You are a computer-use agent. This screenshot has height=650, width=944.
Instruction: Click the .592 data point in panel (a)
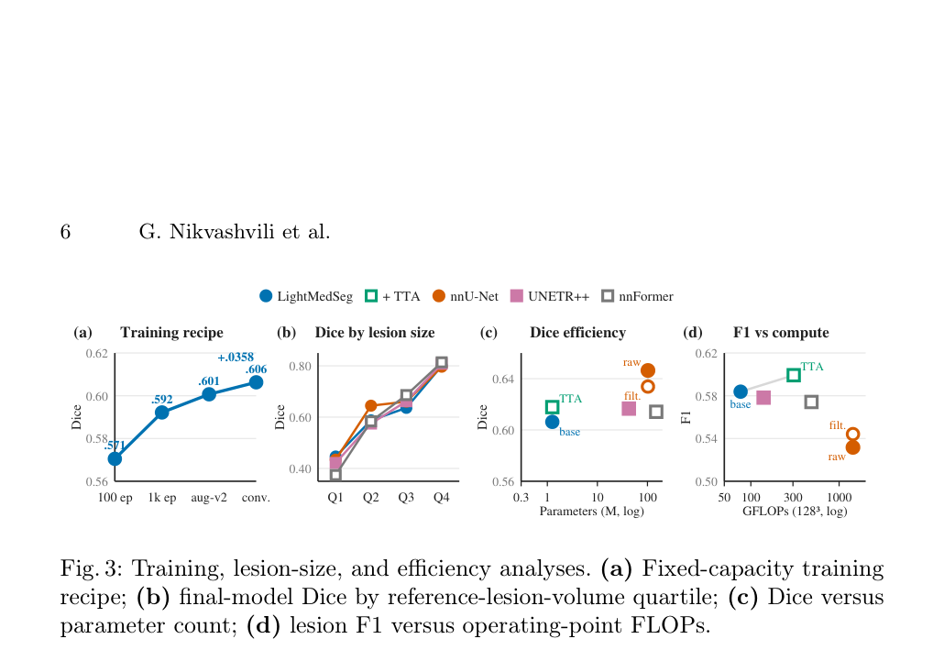point(161,413)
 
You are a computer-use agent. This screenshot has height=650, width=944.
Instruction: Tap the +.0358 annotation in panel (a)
point(236,358)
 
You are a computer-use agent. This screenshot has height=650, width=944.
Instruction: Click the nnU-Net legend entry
point(466,296)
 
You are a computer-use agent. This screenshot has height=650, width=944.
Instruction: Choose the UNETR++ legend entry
point(550,296)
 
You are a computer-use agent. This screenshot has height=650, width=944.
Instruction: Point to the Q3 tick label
point(406,498)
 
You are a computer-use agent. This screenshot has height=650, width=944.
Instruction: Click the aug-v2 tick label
point(209,498)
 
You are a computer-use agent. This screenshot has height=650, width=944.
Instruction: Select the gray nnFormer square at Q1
point(335,475)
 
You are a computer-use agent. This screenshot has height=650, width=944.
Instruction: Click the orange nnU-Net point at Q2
point(371,405)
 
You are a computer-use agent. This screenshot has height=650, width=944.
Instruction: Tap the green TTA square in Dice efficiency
point(552,408)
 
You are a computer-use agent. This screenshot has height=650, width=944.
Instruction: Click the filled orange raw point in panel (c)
point(648,369)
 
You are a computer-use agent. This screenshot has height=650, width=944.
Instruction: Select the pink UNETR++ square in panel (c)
point(629,409)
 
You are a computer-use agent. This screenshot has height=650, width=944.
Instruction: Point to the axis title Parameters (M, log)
point(592,512)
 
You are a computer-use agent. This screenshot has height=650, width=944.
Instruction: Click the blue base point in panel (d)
point(741,392)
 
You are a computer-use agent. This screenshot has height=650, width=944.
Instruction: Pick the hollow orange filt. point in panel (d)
point(852,435)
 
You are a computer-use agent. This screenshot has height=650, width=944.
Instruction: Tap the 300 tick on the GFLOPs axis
point(793,498)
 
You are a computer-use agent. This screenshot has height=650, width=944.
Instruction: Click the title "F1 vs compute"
point(781,333)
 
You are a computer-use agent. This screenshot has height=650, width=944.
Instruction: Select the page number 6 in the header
point(65,232)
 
